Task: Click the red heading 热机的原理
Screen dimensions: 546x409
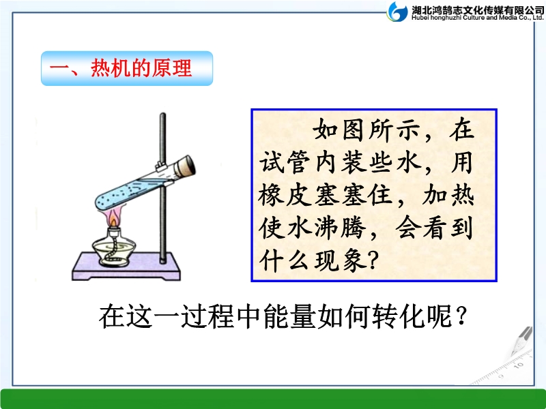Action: [141, 67]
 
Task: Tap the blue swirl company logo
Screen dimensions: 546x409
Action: [397, 12]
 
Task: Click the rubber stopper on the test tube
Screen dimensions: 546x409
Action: [185, 166]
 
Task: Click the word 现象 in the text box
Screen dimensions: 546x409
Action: [340, 260]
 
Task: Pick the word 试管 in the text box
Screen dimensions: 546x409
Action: [284, 162]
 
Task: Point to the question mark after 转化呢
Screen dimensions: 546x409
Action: [461, 316]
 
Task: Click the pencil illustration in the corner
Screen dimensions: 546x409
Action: [521, 341]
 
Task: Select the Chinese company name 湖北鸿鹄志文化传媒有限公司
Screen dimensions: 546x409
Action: [477, 10]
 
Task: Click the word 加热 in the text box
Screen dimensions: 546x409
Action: [448, 195]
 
